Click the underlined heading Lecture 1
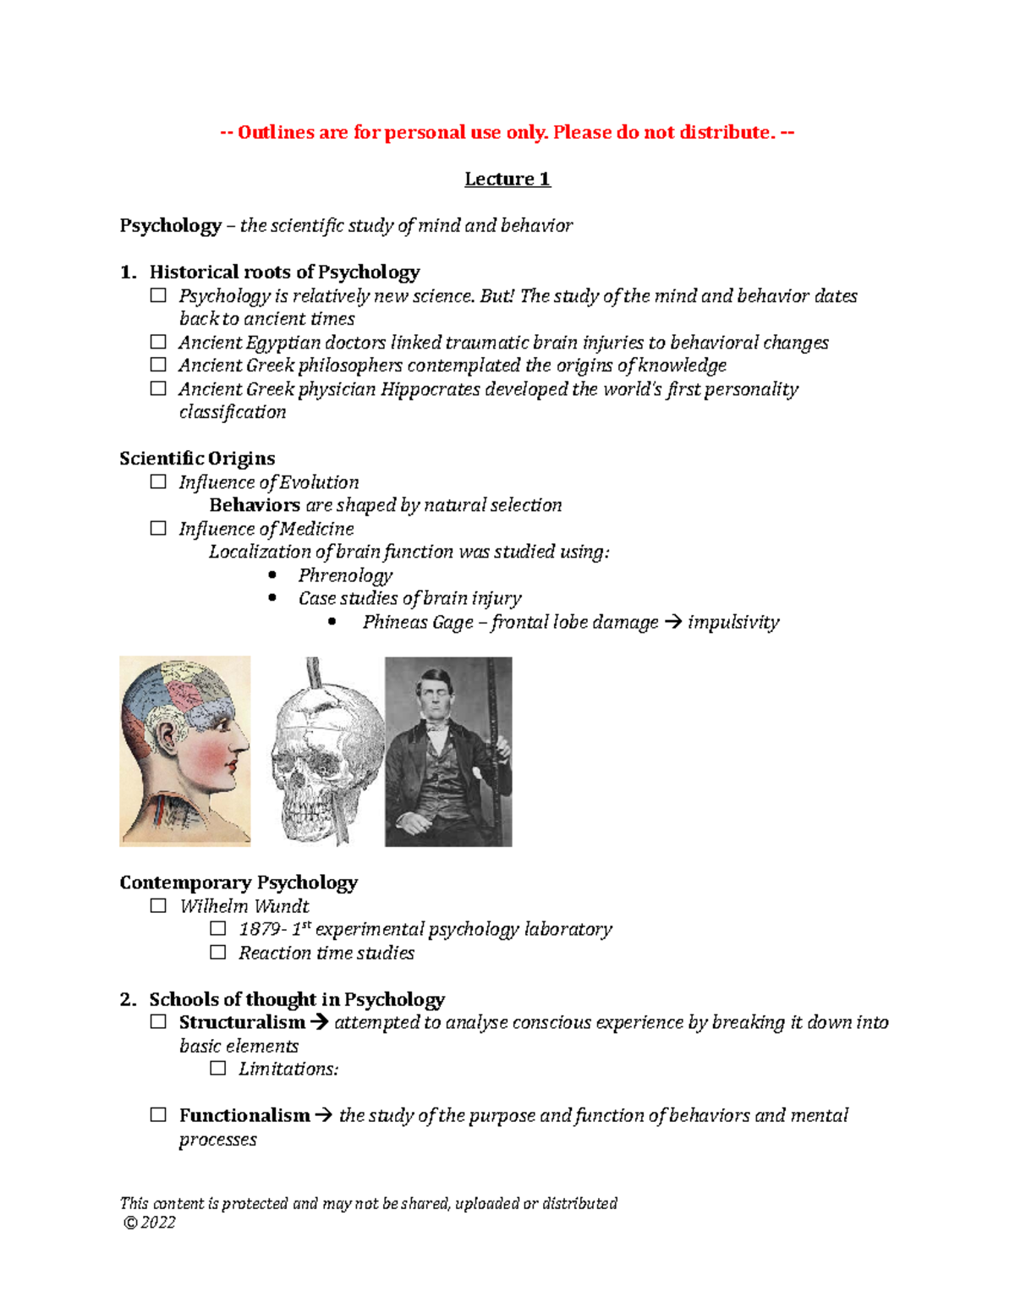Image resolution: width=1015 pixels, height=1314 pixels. tap(507, 179)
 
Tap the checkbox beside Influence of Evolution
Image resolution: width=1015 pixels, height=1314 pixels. tap(158, 482)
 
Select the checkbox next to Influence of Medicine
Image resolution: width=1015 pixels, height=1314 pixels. tap(158, 529)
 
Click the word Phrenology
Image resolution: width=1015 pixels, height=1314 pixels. tap(345, 575)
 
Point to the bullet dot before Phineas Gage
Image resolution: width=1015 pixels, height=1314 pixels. tap(332, 622)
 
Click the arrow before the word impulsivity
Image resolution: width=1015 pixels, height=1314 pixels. tap(673, 623)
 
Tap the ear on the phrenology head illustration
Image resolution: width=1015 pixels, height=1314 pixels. tap(173, 735)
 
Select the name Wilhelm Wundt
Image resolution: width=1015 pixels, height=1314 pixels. tap(244, 906)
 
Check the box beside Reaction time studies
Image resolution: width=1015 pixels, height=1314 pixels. tap(218, 953)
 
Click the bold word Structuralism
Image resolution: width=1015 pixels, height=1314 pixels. tap(242, 1022)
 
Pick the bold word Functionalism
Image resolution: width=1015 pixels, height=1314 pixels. tap(244, 1116)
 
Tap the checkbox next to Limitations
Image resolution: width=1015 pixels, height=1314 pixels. tap(218, 1069)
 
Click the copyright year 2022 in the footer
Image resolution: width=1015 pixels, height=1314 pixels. tap(158, 1223)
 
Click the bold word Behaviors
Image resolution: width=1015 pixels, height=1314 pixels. tap(255, 505)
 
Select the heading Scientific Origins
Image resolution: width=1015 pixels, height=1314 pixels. tap(197, 459)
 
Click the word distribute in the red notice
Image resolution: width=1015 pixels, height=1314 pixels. tap(730, 132)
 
